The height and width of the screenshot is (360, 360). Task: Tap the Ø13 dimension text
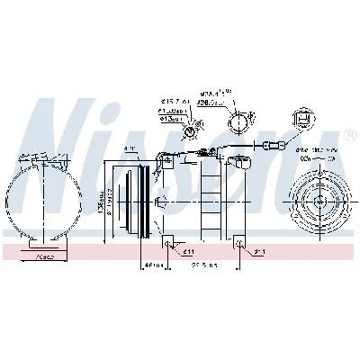click(172, 120)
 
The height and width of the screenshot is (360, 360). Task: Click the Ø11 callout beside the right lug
click(257, 253)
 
